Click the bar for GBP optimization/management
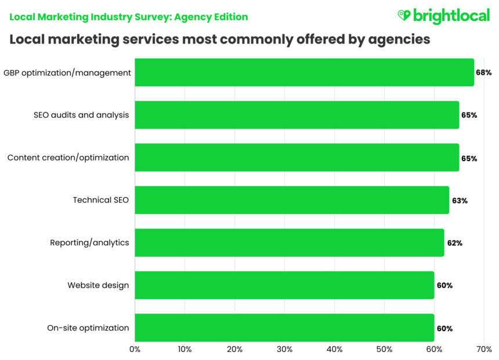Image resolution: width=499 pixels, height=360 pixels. tap(304, 72)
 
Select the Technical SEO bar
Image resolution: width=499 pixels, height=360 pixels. tap(292, 200)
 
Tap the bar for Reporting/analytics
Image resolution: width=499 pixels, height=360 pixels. tap(289, 243)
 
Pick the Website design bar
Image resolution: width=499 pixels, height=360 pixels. tap(284, 285)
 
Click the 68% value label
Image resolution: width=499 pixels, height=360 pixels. tap(484, 73)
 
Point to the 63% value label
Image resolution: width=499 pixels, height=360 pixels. tap(460, 201)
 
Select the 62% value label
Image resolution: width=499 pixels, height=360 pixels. tap(454, 243)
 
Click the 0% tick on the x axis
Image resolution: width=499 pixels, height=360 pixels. tap(135, 350)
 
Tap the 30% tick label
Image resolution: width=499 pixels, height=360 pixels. tap(284, 350)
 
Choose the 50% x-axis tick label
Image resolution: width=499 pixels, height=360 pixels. tap(384, 350)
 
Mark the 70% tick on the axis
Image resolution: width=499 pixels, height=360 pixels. tap(484, 350)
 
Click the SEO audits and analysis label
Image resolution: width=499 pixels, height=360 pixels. tap(81, 115)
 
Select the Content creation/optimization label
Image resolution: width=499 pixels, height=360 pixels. tap(68, 158)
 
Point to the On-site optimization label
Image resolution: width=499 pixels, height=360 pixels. tap(88, 328)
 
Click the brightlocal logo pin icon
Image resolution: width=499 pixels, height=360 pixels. tap(404, 16)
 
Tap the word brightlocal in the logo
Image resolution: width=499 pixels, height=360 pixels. tap(451, 16)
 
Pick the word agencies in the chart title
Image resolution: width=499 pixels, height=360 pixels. tap(399, 39)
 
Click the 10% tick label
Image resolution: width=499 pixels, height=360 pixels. tap(185, 350)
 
